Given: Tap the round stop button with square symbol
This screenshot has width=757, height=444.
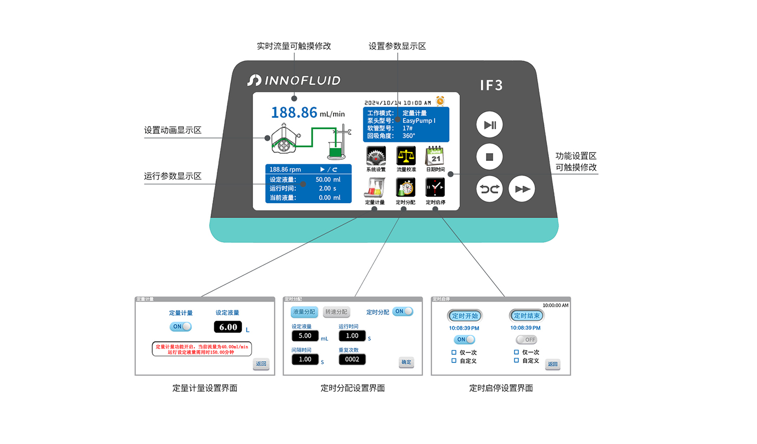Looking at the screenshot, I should pos(489,157).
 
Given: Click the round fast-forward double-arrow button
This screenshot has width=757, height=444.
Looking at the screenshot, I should pos(522,189).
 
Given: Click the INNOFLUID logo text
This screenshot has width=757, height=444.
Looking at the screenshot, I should pos(294,81).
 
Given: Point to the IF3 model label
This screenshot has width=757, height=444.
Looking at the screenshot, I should pos(491,85).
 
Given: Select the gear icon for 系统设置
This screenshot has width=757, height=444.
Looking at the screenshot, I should pos(376,156).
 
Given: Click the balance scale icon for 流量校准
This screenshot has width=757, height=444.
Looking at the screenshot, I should pos(406,156).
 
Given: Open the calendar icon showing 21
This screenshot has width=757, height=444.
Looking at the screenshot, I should pos(435,156).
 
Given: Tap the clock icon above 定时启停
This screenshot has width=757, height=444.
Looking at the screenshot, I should pos(435,188).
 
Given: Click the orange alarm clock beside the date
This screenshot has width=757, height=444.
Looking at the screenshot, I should pos(440,101).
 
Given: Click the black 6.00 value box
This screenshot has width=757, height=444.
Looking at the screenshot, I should pos(228,327).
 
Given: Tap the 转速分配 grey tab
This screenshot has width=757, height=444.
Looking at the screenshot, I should pos(336,312).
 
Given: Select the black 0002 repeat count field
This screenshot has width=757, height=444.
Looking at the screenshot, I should pos(352,359).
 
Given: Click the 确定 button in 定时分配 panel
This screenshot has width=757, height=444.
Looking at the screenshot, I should pos(406,362).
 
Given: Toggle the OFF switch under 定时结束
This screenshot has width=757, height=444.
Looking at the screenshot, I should pos(526,339).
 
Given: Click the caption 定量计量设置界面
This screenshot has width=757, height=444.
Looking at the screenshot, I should pos(205,388).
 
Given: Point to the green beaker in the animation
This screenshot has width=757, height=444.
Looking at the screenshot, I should pos(335,151).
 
